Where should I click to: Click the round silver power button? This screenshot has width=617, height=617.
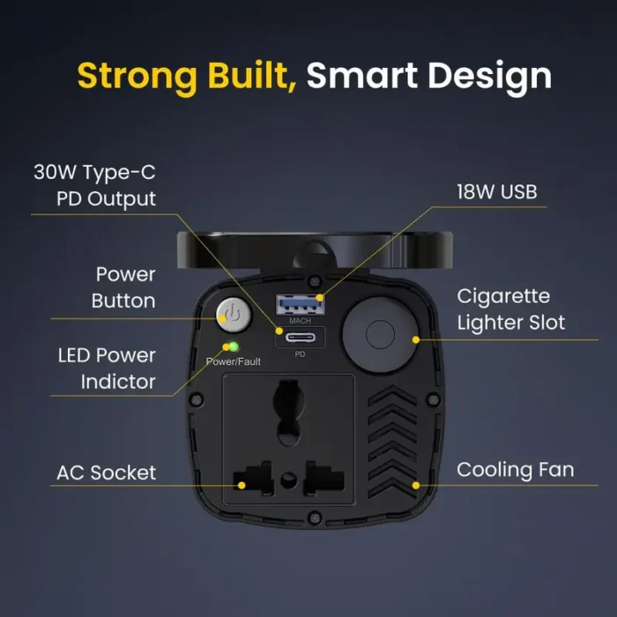[231, 315]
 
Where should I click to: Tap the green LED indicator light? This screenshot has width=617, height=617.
[234, 346]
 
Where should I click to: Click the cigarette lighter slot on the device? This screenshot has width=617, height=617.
[379, 336]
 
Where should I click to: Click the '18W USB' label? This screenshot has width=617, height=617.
[496, 191]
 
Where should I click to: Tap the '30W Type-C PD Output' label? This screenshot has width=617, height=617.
[94, 185]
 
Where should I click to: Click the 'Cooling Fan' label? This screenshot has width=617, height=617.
[515, 470]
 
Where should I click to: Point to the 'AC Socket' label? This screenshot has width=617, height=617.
[106, 472]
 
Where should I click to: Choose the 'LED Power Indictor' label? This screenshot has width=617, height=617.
[107, 368]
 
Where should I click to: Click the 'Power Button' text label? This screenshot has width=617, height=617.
[125, 287]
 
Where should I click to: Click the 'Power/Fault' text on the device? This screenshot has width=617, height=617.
[233, 361]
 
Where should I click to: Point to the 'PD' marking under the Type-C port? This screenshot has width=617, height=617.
[300, 354]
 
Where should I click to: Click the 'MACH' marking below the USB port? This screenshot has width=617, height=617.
[300, 321]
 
